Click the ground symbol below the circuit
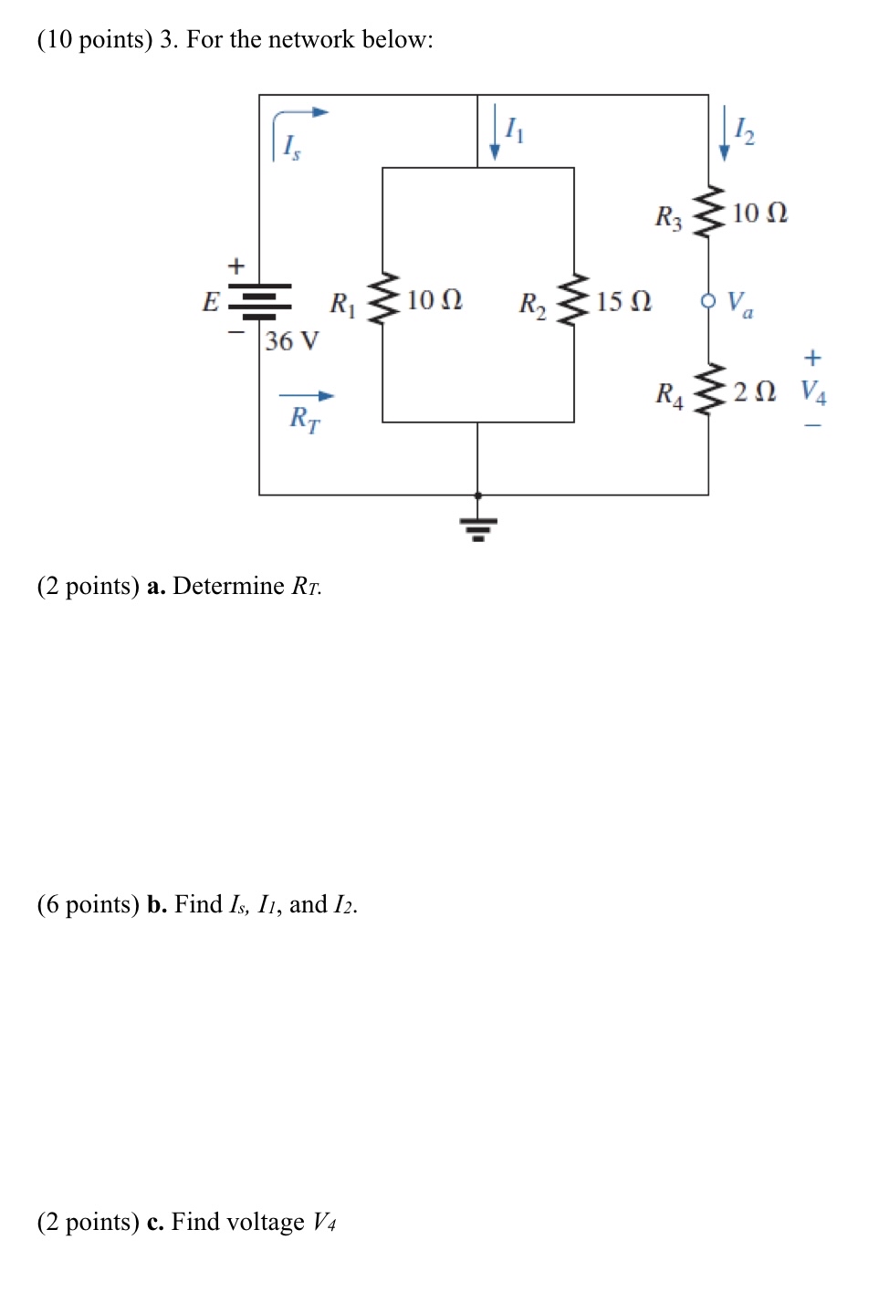478,528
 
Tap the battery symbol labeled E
259,301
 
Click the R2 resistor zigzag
574,299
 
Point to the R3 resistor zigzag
708,212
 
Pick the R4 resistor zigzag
708,391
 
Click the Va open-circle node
708,300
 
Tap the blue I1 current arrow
495,132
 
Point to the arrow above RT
307,396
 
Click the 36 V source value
292,341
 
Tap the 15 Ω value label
623,301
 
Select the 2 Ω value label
754,391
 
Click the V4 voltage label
813,391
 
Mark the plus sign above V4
812,358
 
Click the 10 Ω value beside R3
759,213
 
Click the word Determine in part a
228,586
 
